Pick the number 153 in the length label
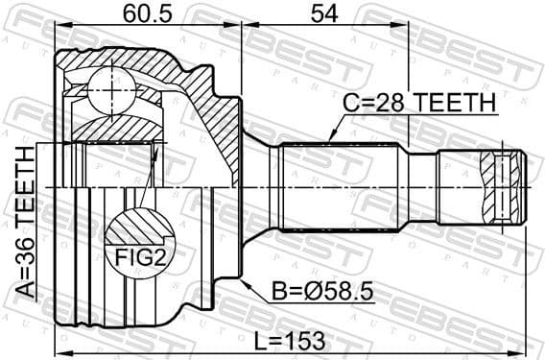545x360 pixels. point(309,340)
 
